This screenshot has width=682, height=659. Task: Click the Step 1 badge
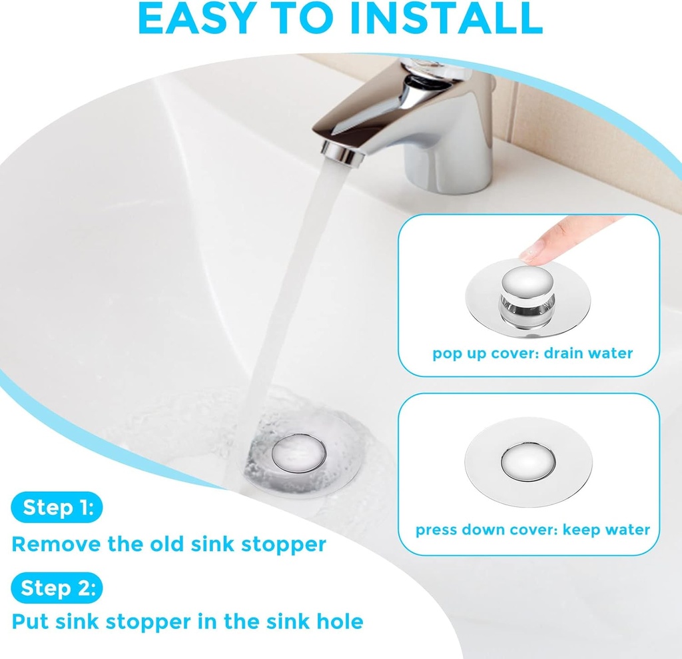[57, 508]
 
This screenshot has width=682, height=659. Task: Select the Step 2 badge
[57, 588]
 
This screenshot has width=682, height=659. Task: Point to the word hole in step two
[340, 622]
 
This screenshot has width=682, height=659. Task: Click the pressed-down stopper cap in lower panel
[528, 462]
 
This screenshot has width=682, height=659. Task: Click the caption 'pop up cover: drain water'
[532, 353]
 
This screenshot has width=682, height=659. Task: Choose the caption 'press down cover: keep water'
[532, 530]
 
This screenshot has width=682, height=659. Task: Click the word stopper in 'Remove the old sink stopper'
[284, 544]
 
